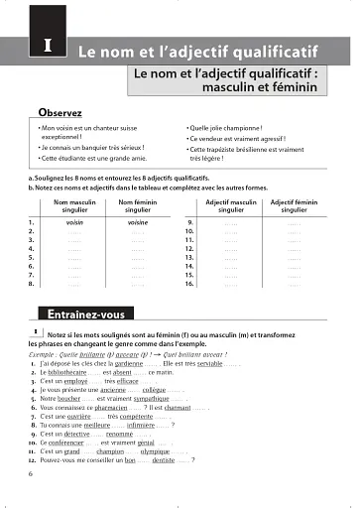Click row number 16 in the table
coord(190,283)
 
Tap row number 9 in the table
coord(188,224)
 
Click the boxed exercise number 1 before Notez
coord(35,333)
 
